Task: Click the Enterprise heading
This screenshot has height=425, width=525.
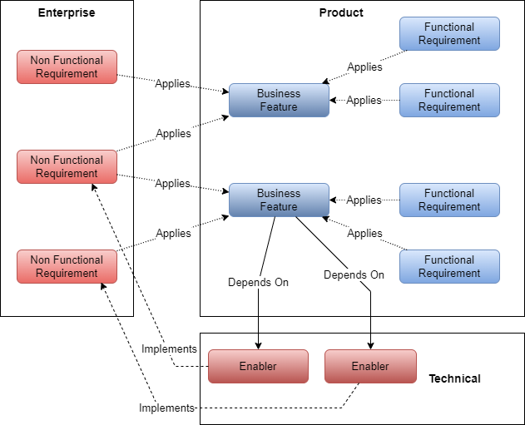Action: click(67, 13)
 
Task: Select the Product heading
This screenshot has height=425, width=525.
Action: click(341, 13)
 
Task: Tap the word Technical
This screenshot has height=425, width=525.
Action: click(454, 378)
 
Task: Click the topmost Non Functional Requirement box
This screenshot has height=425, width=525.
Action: click(67, 67)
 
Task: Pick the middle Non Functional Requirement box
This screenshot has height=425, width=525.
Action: click(67, 166)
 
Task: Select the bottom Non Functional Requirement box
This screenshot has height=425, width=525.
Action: click(67, 266)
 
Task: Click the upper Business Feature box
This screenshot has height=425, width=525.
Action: click(279, 100)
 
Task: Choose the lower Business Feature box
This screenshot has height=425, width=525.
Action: click(279, 200)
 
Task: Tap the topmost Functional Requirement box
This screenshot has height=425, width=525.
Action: click(449, 33)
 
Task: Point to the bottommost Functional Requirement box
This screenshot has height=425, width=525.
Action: click(449, 266)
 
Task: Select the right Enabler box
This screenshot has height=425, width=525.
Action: click(370, 366)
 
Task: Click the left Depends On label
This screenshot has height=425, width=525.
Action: click(258, 282)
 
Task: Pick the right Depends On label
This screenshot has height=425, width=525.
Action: click(354, 274)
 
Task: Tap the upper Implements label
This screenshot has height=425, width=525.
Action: click(169, 349)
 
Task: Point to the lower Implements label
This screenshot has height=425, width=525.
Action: click(166, 408)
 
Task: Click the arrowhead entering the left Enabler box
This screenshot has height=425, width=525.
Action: click(258, 345)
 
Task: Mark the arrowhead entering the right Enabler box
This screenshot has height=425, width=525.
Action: click(370, 345)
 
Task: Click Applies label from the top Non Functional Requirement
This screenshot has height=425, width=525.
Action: click(172, 84)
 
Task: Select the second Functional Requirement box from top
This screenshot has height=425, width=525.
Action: click(449, 100)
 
